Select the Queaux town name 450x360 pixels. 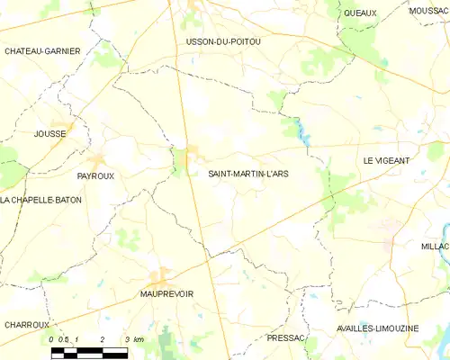tap(360, 13)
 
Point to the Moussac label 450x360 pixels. tap(429, 11)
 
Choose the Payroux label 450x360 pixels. tap(95, 176)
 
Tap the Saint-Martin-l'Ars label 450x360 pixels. tap(248, 173)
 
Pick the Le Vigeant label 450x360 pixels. tap(386, 160)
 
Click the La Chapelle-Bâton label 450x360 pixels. tap(41, 200)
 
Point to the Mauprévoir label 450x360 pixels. tap(167, 293)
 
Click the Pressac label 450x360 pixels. tap(287, 337)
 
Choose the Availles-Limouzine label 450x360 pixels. tap(382, 328)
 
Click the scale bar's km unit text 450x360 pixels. tap(137, 339)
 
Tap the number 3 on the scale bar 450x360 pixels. tap(127, 339)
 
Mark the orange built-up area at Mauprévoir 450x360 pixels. tap(161, 278)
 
